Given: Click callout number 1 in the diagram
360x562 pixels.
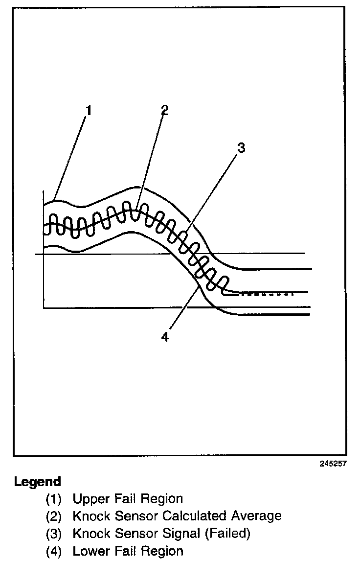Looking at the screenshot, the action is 89,111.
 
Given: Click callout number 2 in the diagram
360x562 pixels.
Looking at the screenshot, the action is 164,110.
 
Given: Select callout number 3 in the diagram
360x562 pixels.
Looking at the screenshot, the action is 241,147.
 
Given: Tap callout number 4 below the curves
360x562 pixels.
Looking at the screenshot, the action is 165,337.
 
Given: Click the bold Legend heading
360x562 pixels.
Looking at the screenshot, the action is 38,482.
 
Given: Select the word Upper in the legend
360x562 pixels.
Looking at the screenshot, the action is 90,499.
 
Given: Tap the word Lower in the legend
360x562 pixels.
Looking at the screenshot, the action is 90,551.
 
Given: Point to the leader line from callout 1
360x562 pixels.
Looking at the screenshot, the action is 71,157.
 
